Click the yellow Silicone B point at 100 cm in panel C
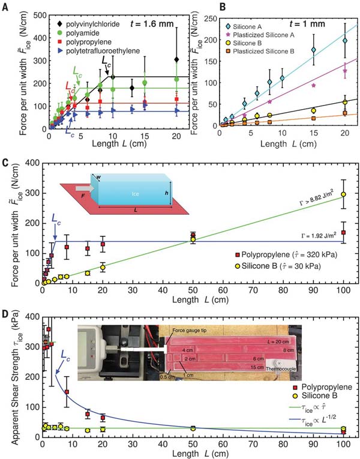[343, 194]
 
